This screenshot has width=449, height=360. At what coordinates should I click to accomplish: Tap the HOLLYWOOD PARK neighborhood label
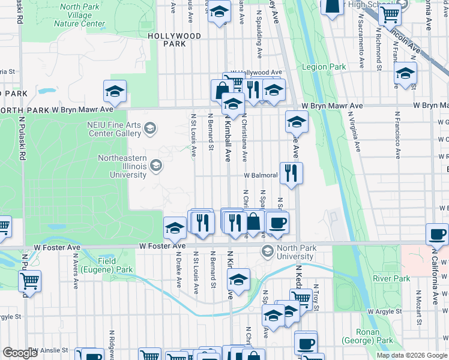pos(175,40)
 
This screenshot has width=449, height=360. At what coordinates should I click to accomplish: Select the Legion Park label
pos(324,67)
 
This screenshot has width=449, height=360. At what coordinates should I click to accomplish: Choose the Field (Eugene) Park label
pos(115,266)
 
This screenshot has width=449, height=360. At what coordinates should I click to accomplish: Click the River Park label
pos(391,278)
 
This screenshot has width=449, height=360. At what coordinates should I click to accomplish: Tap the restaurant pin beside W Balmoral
pos(291,173)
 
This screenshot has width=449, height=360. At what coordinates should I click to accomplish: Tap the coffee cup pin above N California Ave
pos(437,234)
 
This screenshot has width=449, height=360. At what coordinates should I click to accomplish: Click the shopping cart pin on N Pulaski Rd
pos(29,281)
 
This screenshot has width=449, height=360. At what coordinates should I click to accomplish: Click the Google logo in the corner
pos(20,353)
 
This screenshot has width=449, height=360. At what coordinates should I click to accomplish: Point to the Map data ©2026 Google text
pos(412,355)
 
